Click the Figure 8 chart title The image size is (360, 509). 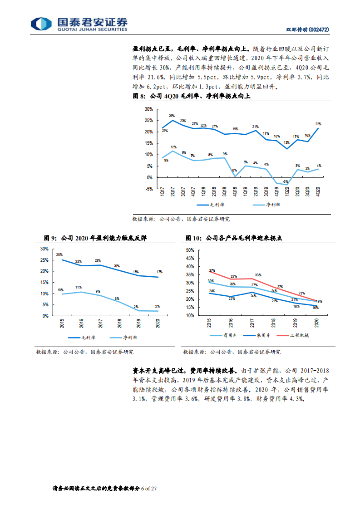point(191,96)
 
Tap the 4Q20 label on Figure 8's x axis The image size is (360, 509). point(318,191)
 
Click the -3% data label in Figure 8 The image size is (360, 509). point(285,181)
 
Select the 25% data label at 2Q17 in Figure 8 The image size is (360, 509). point(172,116)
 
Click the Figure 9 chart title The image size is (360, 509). point(95,238)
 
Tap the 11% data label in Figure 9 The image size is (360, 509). point(79,287)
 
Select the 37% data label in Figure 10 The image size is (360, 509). point(212,271)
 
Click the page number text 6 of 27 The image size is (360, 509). point(148,489)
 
